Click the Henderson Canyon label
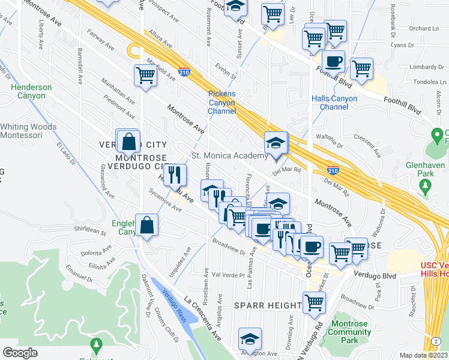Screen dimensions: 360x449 coord(31,91)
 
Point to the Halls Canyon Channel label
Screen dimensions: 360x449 coord(334,103)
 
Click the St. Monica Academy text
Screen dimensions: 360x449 coord(229,156)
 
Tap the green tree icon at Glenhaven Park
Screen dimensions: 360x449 coord(426,185)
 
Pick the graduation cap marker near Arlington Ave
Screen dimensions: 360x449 coord(250,339)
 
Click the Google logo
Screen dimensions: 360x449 coord(20,353)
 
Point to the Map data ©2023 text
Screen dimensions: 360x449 coord(424,355)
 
